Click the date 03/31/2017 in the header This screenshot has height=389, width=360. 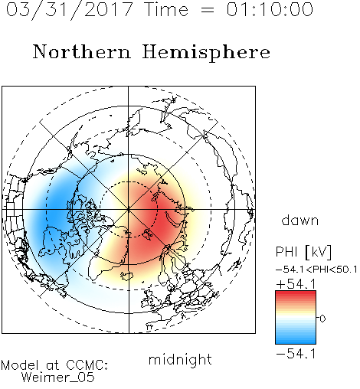(70, 10)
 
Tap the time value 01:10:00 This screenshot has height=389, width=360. (270, 9)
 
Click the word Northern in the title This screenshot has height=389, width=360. (82, 51)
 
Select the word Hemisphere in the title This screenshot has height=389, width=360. (206, 53)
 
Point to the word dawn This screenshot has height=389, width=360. (300, 220)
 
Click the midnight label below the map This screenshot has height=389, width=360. (180, 359)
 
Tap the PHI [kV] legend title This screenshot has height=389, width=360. (303, 252)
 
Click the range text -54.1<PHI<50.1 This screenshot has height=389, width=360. (316, 270)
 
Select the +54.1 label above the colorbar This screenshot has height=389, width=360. (296, 284)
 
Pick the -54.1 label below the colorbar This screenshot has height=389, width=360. (296, 354)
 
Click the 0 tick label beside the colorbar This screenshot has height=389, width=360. (322, 319)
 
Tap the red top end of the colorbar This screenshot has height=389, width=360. (296, 293)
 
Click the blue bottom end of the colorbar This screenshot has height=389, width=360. (296, 342)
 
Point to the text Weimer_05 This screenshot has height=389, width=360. (58, 378)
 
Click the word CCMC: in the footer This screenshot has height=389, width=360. (87, 365)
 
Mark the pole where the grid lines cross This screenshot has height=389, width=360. (129, 210)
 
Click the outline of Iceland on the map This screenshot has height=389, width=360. (127, 276)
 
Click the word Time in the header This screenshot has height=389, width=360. (166, 9)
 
